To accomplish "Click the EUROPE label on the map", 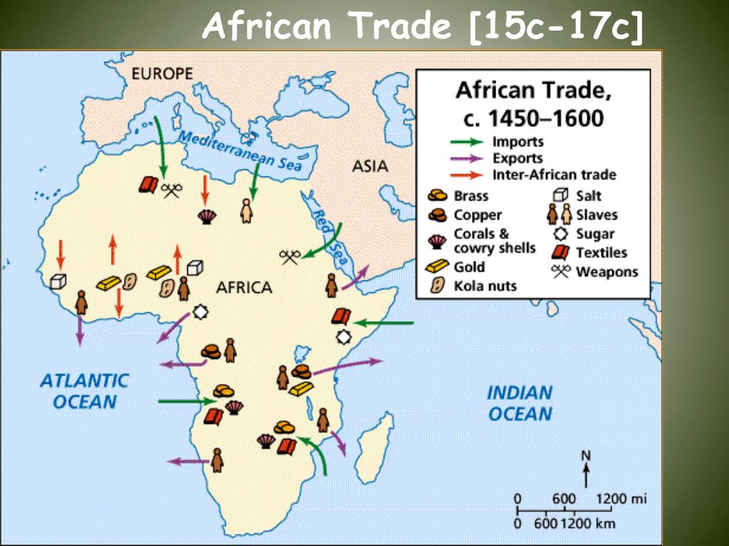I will tap(162, 74).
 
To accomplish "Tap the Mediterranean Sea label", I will tap(239, 151).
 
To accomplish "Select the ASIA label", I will tap(370, 167).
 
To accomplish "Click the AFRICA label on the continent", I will tap(244, 288).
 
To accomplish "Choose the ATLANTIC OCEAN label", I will tap(84, 391).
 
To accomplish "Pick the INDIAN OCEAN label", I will tap(520, 403).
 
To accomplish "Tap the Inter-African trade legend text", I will tap(555, 175).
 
